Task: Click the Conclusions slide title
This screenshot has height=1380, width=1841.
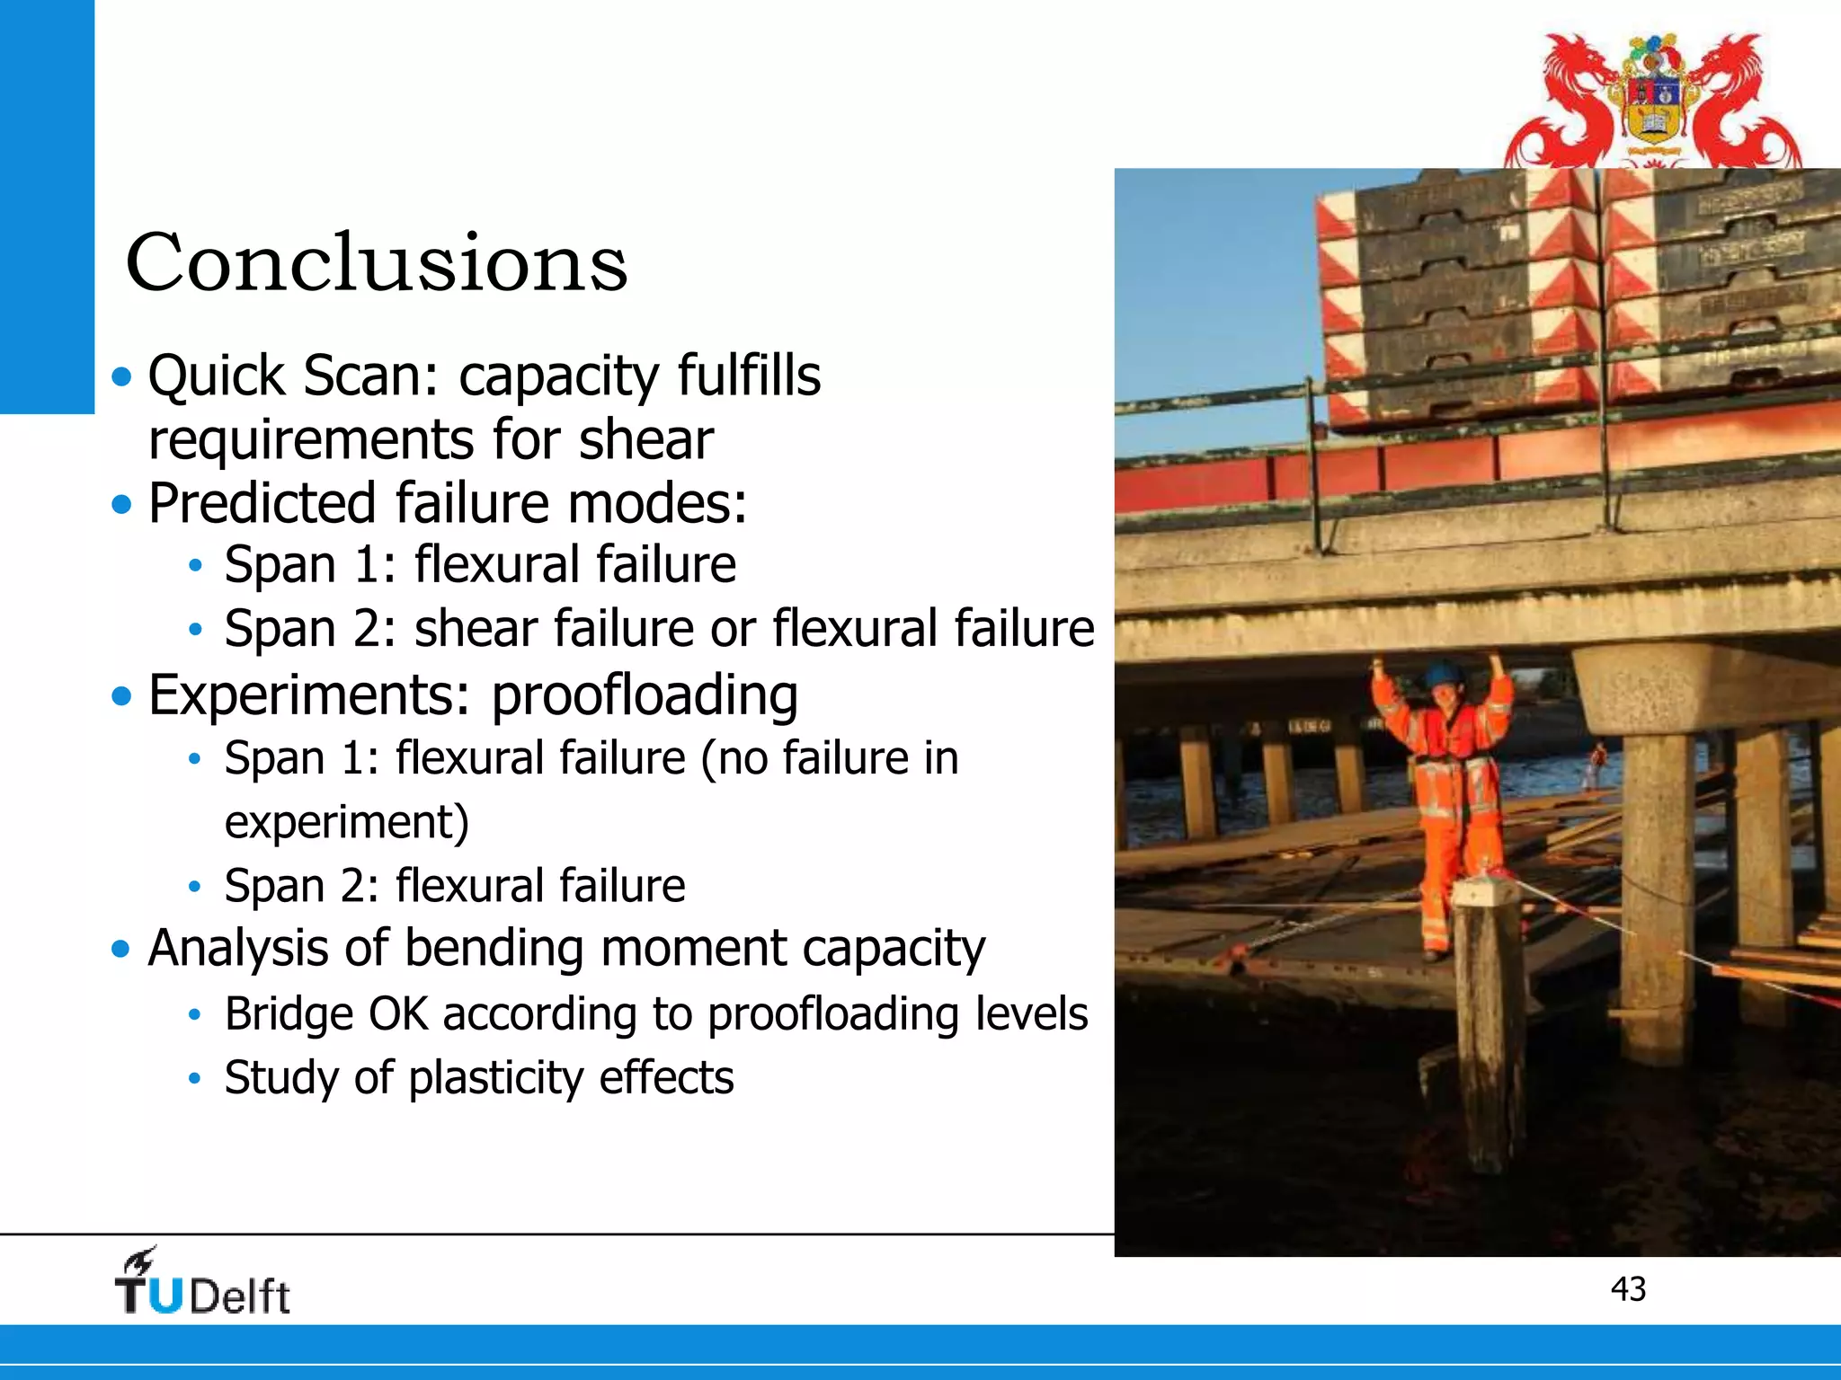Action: point(376,262)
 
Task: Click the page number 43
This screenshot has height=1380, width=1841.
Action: point(1628,1289)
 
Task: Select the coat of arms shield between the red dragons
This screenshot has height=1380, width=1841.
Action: point(1654,108)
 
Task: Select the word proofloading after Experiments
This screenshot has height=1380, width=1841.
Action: point(644,696)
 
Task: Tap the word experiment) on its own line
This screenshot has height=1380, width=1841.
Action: point(346,822)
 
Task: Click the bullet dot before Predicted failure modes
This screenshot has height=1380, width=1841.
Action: point(121,504)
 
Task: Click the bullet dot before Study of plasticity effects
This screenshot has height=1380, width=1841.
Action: point(194,1079)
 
